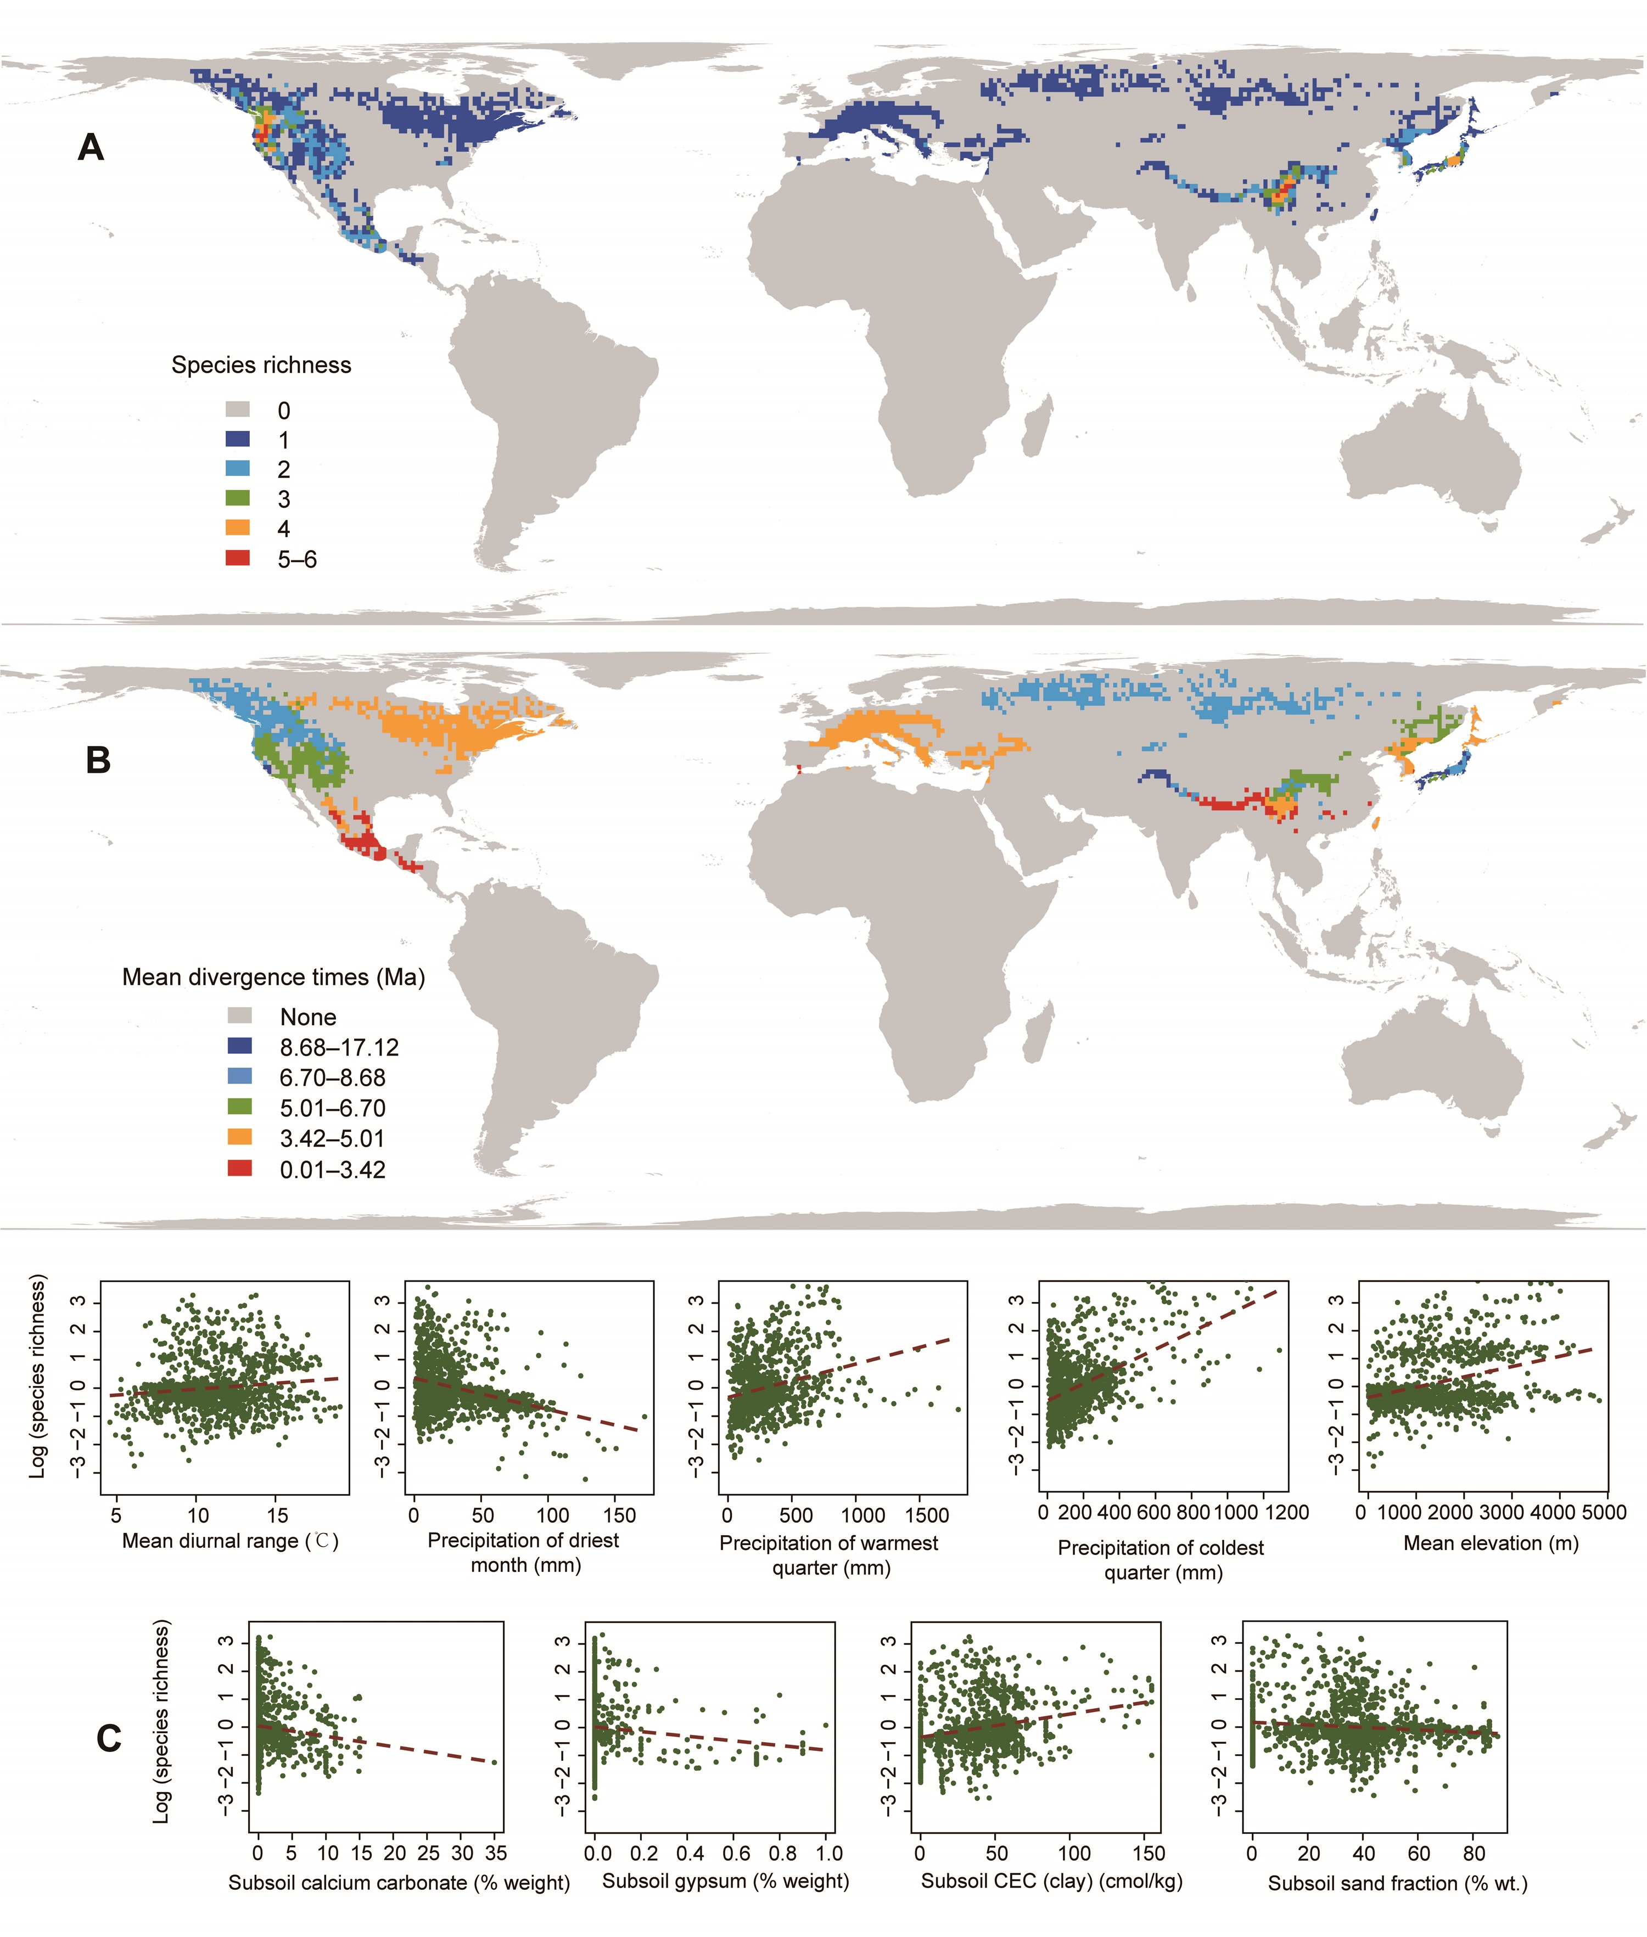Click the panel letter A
(91, 148)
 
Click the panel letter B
(98, 761)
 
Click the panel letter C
(109, 1738)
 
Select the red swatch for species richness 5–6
(238, 558)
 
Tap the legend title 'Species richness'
(261, 365)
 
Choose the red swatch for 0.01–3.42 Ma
(240, 1168)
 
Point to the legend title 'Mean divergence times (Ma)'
(273, 978)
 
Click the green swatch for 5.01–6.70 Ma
(240, 1107)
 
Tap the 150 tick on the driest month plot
(619, 1515)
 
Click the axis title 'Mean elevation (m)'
(1491, 1543)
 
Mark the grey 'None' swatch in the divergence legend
(240, 1015)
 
